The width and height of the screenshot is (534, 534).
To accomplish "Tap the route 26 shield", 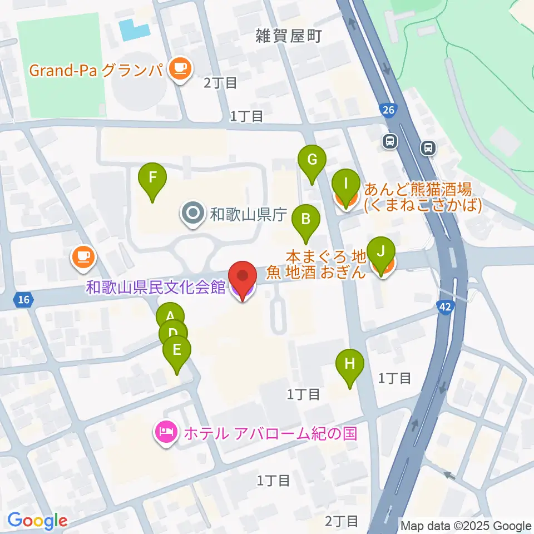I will [x=388, y=111].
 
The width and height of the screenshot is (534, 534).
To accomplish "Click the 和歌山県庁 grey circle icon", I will [x=193, y=214].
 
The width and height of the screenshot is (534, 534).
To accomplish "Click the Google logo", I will [x=37, y=521].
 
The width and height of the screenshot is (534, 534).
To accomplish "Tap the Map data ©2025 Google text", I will [x=466, y=526].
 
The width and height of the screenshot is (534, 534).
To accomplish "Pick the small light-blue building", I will [x=134, y=29].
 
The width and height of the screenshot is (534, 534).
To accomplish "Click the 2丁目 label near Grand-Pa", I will [x=220, y=83].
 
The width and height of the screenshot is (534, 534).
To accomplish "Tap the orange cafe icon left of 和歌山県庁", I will [x=83, y=257].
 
